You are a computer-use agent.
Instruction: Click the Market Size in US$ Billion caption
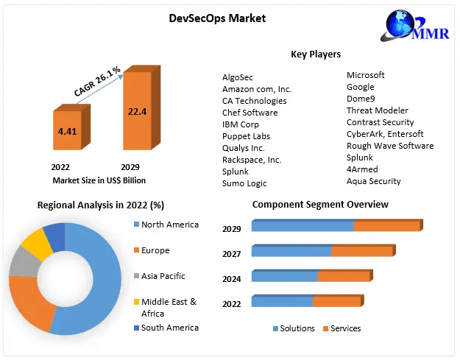click(99, 180)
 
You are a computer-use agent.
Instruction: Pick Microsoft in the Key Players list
click(366, 75)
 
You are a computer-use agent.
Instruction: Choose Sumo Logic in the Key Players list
click(244, 183)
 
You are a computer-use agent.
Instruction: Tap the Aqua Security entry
click(374, 181)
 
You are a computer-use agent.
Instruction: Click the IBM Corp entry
click(241, 124)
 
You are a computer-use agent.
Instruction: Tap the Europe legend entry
click(155, 250)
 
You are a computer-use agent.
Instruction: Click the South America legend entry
click(169, 328)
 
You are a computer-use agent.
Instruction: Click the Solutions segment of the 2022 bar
click(282, 301)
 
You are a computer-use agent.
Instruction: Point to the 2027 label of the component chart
click(232, 254)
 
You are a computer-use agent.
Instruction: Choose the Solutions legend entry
click(297, 328)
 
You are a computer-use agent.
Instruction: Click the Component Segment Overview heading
click(320, 204)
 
